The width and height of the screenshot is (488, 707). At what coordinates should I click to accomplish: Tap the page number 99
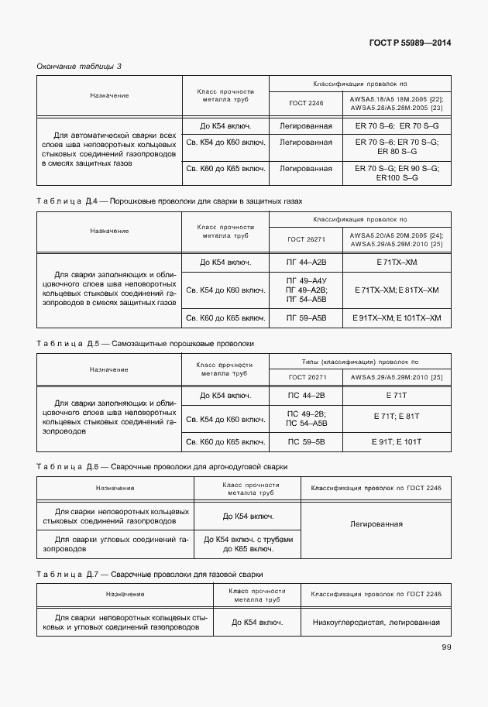(446, 647)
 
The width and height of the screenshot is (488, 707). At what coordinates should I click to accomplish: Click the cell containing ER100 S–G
(397, 177)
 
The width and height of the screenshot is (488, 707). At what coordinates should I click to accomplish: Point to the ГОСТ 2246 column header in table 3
(306, 103)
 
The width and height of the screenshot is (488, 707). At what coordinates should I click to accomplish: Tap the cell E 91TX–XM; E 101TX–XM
(397, 318)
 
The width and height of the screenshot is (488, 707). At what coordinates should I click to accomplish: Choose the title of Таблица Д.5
(145, 342)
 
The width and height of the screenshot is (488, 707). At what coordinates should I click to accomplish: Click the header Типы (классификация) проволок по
(359, 362)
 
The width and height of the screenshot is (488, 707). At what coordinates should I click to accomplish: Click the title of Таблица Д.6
(162, 467)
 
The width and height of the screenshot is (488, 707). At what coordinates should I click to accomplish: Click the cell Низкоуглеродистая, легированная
(376, 622)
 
